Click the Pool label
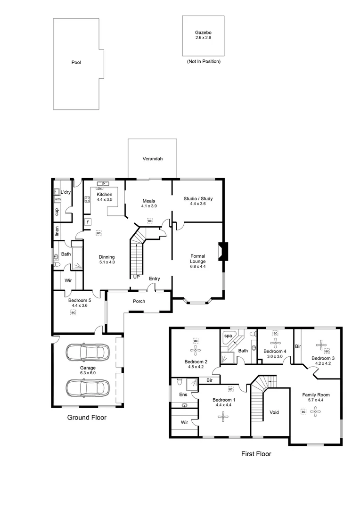click(76, 62)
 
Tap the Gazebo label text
click(203, 33)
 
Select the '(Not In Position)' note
click(204, 62)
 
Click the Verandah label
click(153, 159)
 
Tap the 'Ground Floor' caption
click(87, 418)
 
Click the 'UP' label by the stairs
click(136, 277)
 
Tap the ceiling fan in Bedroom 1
click(222, 416)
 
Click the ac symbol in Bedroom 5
click(73, 312)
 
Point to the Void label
click(274, 412)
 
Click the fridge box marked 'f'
click(88, 222)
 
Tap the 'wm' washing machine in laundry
click(57, 199)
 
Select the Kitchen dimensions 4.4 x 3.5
click(104, 200)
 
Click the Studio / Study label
click(198, 199)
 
